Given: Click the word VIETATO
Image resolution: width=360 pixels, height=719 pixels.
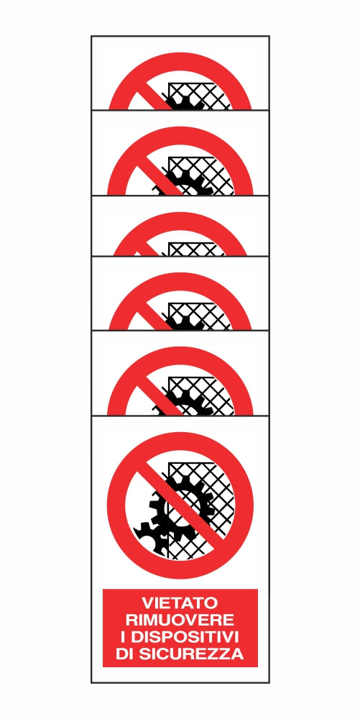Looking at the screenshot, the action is coord(180,602).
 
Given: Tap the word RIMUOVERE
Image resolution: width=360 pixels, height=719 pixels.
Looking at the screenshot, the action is coord(180,620).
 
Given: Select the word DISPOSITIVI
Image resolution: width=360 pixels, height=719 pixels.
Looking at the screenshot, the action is coord(186,637).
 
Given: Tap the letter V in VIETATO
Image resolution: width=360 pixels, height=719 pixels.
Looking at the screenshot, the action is coord(147,602).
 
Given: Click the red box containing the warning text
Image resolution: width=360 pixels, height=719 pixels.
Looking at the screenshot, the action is coord(180,628).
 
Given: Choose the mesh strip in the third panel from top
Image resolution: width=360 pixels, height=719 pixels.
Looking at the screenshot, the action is coord(196,249).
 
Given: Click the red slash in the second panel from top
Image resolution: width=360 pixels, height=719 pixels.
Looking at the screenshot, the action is coord(158,180).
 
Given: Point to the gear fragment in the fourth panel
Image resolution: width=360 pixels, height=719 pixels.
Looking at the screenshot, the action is coord(185,324).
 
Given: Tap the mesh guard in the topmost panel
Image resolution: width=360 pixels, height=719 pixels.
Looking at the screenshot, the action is coord(200,96).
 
